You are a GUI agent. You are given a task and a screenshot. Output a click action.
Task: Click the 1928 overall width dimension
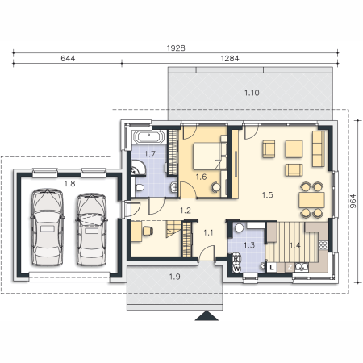(176, 48)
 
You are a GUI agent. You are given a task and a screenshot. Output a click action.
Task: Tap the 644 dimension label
(68, 58)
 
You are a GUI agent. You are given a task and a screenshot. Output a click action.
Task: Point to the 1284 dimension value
(230, 58)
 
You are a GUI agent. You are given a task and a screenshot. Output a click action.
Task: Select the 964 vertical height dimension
(353, 201)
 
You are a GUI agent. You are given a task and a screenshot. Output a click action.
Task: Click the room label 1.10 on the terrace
(252, 93)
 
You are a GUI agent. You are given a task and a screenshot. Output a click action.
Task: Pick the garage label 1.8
(69, 184)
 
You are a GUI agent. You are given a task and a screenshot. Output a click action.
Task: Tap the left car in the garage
(48, 227)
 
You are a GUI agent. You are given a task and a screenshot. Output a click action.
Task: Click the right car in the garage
(91, 229)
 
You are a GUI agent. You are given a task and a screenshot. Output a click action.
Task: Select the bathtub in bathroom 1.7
(148, 137)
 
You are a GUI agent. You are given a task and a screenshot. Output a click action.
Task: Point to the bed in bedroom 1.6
(207, 156)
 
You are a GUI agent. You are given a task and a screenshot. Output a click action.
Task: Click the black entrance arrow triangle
(207, 315)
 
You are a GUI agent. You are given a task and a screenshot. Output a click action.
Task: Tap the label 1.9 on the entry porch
(174, 277)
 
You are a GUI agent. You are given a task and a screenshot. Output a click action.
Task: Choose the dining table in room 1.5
(311, 200)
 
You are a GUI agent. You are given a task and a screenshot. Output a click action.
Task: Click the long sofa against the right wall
(318, 148)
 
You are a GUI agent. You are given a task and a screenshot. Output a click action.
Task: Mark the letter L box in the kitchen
(272, 267)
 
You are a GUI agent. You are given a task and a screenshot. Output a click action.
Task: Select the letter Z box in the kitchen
(290, 267)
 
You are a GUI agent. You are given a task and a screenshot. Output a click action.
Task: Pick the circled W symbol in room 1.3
(236, 269)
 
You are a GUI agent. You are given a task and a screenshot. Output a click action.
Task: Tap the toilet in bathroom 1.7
(140, 187)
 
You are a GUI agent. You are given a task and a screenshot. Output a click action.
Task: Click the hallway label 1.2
(186, 211)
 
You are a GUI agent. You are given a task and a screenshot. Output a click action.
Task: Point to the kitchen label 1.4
(295, 245)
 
